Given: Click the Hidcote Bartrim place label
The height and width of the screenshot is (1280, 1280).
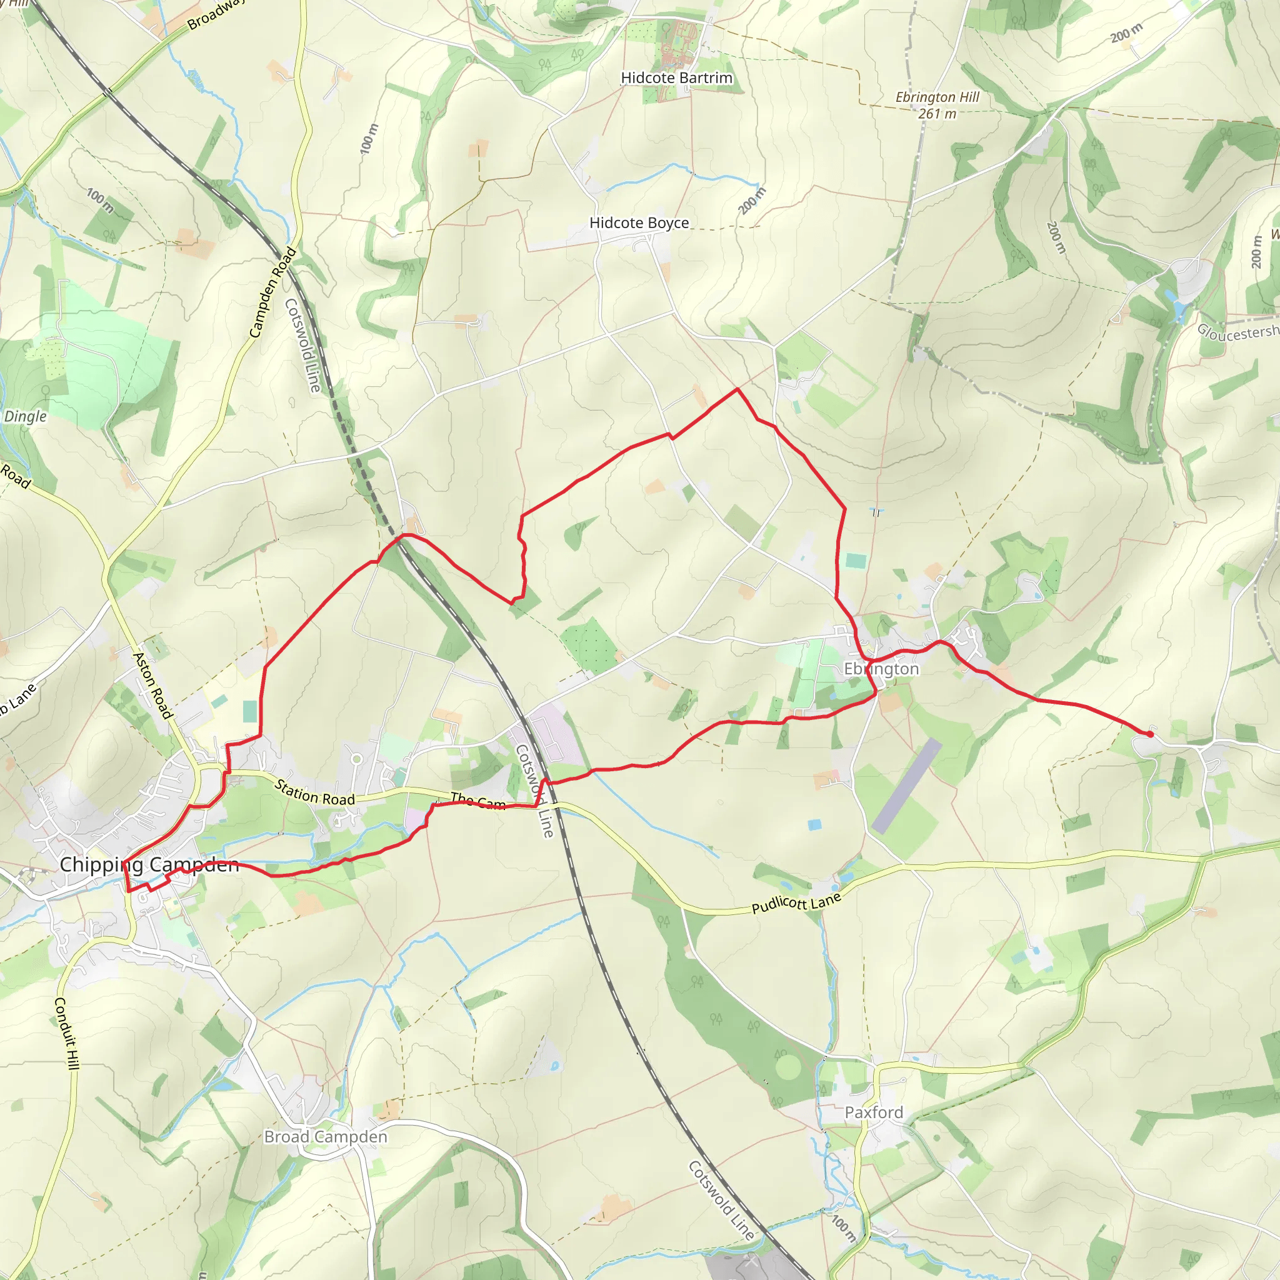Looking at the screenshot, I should pos(676,78).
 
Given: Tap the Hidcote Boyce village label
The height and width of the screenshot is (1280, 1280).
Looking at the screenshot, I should pos(639,223).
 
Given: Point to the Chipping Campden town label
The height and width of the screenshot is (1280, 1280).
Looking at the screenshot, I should pos(149,864).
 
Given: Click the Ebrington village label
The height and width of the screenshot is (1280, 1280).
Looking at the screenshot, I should pos(881,669).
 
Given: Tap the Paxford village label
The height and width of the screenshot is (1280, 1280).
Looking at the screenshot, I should pos(873,1112).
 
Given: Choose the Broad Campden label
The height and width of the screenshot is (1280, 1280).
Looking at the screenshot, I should pos(325,1137).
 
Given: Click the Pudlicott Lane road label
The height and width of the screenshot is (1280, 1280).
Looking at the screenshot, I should pos(796,903).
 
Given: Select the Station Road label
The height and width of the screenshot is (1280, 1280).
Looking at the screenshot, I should pos(315,793).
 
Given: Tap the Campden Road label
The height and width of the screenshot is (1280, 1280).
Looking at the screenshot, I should pos(272,292).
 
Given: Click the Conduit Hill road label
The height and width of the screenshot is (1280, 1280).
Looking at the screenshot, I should pos(66,1033).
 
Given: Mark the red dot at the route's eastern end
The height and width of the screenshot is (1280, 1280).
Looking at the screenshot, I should pos(1149,734).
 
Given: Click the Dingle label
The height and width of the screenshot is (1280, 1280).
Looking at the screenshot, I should pos(25,416).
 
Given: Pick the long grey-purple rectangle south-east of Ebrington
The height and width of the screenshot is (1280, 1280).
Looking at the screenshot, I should pos(906,786).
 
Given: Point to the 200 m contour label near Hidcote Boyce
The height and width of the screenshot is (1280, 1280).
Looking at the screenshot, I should pos(752,201).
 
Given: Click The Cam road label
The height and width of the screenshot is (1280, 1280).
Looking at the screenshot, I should pos(477,802).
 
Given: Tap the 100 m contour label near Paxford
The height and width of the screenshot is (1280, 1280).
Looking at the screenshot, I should pos(844,1227).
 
